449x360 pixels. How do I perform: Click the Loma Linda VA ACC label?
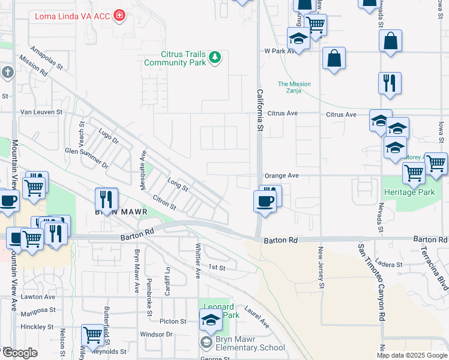pos(72,16)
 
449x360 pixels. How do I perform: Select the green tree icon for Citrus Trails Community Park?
pos(215,58)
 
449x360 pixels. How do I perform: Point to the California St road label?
pos(260,110)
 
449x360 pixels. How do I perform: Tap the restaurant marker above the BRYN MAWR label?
pos(107,199)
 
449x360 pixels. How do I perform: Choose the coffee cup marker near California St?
pos(264,201)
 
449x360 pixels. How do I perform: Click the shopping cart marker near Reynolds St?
pos(92,335)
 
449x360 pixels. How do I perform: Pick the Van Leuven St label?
pos(41,112)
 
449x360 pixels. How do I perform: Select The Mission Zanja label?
pos(294,88)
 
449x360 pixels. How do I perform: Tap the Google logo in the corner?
pos(19,353)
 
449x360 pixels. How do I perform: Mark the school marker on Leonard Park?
pos(211,322)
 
